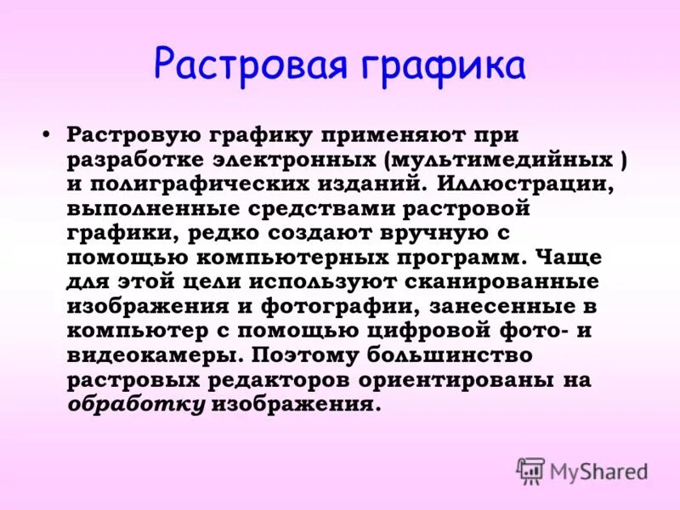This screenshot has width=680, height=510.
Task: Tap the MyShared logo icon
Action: [530, 470]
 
